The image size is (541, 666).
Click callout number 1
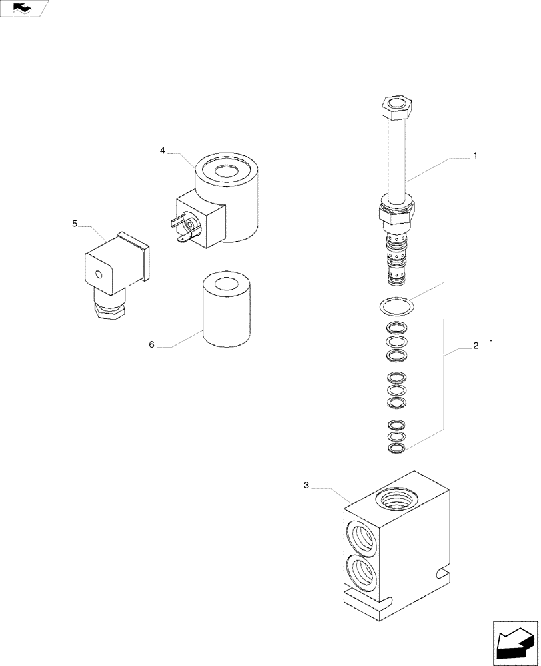pyautogui.click(x=475, y=155)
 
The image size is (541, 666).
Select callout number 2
pyautogui.click(x=475, y=346)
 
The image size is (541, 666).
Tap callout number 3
pyautogui.click(x=306, y=486)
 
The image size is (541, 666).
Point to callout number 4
pyautogui.click(x=163, y=151)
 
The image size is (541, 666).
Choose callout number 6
pyautogui.click(x=151, y=344)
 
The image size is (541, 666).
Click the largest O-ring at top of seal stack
pyautogui.click(x=396, y=305)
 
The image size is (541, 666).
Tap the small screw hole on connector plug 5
pyautogui.click(x=99, y=274)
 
